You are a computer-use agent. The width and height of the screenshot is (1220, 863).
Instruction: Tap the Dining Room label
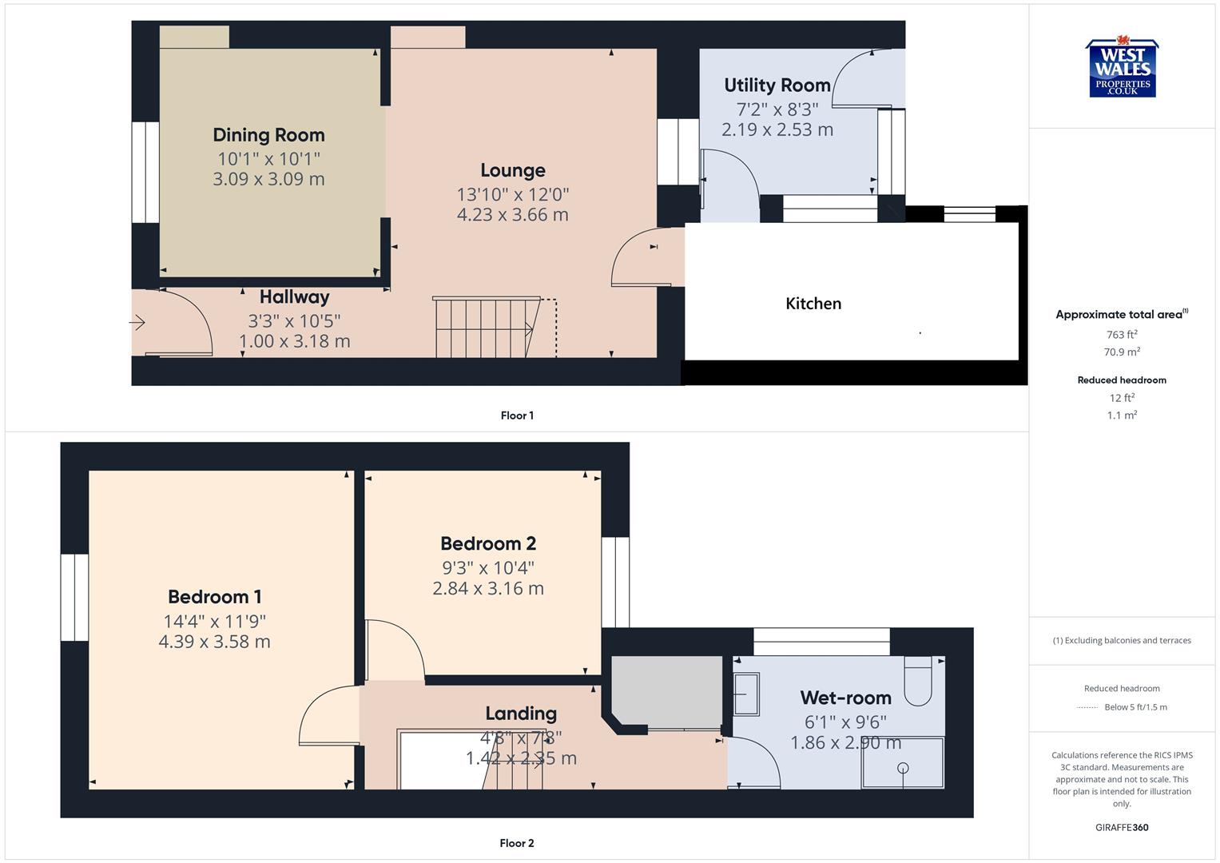click(x=268, y=135)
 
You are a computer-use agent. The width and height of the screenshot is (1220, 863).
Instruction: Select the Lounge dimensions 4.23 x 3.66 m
click(x=512, y=214)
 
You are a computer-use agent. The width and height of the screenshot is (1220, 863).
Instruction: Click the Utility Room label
click(x=777, y=86)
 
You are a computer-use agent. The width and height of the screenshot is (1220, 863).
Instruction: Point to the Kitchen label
click(x=813, y=304)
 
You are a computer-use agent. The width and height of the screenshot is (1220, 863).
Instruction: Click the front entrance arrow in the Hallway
click(x=138, y=323)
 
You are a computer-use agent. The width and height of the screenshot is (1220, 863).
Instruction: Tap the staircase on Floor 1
click(x=483, y=328)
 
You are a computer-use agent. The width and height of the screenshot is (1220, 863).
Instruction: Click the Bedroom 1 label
click(x=214, y=597)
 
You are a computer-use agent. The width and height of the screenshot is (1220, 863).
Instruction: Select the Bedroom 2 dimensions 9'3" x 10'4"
click(x=487, y=567)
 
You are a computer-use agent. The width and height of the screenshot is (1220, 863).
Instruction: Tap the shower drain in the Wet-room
click(x=903, y=768)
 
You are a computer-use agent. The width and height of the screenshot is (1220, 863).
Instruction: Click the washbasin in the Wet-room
click(x=745, y=694)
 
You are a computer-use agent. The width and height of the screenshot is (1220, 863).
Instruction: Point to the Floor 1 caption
click(x=517, y=416)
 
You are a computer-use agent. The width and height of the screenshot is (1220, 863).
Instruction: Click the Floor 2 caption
click(x=517, y=843)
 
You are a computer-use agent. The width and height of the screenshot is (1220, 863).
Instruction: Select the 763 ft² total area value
click(x=1121, y=335)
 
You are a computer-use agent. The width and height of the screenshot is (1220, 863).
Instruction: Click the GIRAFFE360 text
click(x=1121, y=827)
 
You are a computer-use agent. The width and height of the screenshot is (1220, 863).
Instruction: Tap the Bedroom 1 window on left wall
click(x=74, y=597)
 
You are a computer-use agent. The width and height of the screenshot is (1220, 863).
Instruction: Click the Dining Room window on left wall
click(x=145, y=172)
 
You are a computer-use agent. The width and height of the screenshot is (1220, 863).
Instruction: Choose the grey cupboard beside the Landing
click(x=666, y=691)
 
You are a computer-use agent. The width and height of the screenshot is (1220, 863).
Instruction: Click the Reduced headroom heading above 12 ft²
click(x=1121, y=380)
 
